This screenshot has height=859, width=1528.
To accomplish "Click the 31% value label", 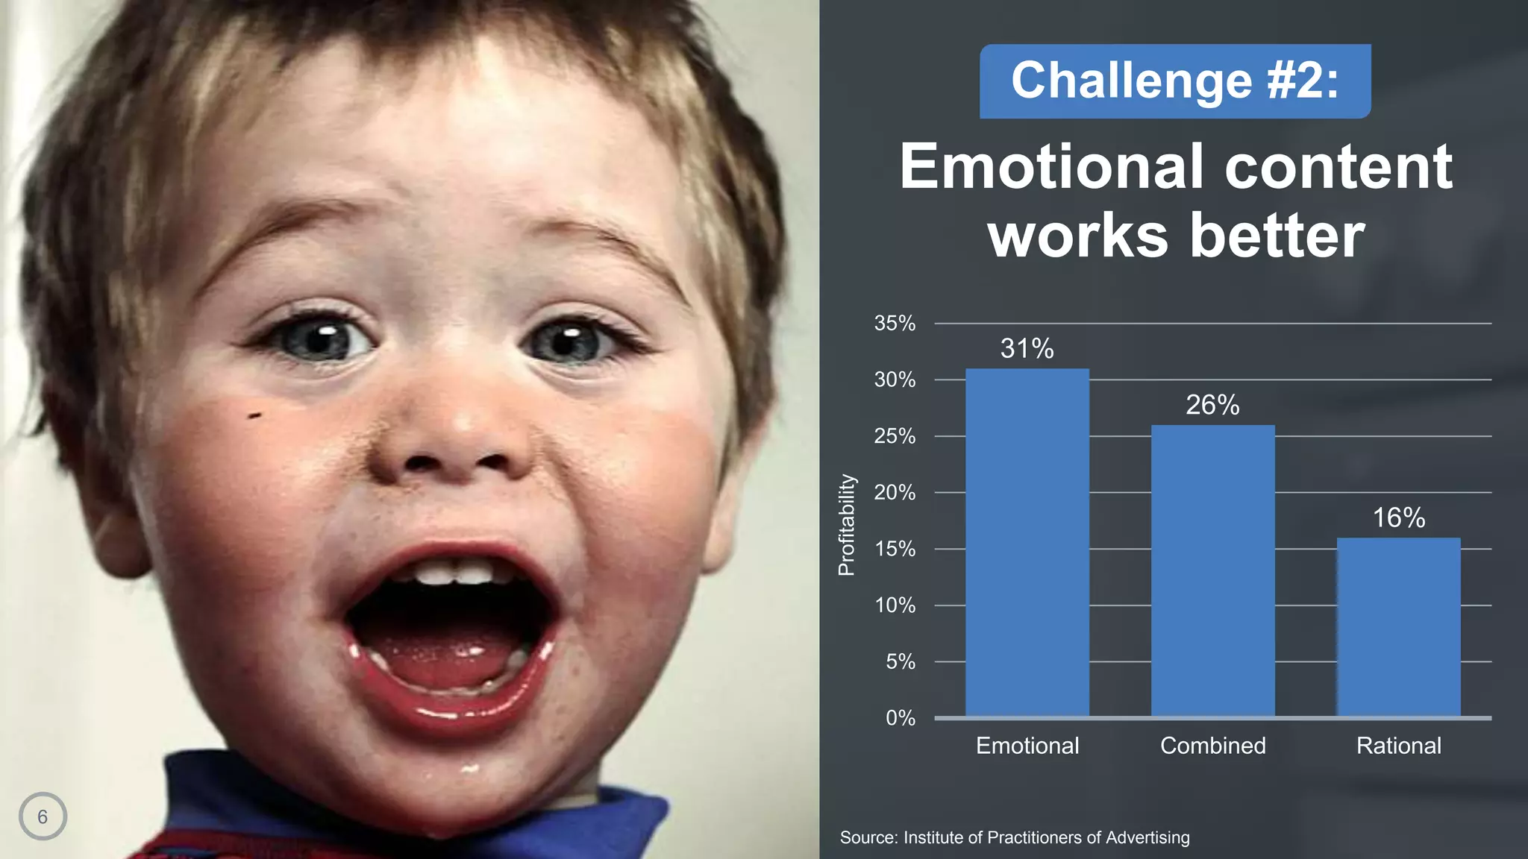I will click(1027, 348).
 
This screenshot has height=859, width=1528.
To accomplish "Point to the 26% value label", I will click(1212, 405).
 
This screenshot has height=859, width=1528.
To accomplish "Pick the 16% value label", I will click(1398, 517).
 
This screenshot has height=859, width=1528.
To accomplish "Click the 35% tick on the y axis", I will click(895, 324).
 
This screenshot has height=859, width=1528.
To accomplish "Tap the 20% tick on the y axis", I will click(895, 492).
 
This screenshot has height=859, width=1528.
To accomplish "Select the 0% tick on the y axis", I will click(900, 718).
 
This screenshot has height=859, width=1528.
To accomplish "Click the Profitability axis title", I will click(846, 525).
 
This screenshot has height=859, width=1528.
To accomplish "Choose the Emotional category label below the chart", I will click(1027, 746).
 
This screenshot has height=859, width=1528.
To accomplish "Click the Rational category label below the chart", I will click(1398, 746).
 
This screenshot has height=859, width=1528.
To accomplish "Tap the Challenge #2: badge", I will click(1175, 81).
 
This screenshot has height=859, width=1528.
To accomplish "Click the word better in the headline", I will click(1277, 236).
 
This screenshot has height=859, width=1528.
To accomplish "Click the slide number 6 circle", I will click(43, 816).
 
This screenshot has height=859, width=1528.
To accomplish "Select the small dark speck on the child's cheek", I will click(254, 415).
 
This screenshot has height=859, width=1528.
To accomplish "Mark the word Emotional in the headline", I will click(1052, 166).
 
